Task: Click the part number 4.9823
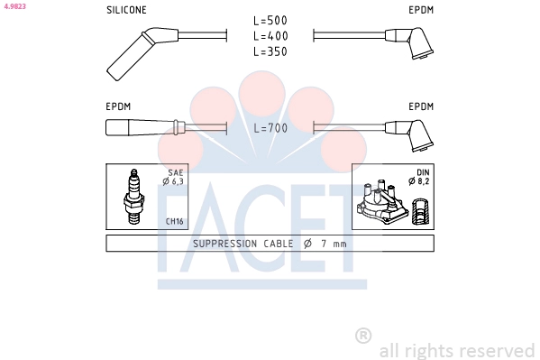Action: (14, 6)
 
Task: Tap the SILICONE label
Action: (126, 10)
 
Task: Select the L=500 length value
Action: (270, 21)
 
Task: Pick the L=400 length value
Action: (270, 36)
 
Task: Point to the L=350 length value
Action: (270, 51)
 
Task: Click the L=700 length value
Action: (270, 128)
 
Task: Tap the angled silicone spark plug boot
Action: (138, 51)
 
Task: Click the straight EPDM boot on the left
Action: (144, 127)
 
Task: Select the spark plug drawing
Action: (133, 196)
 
